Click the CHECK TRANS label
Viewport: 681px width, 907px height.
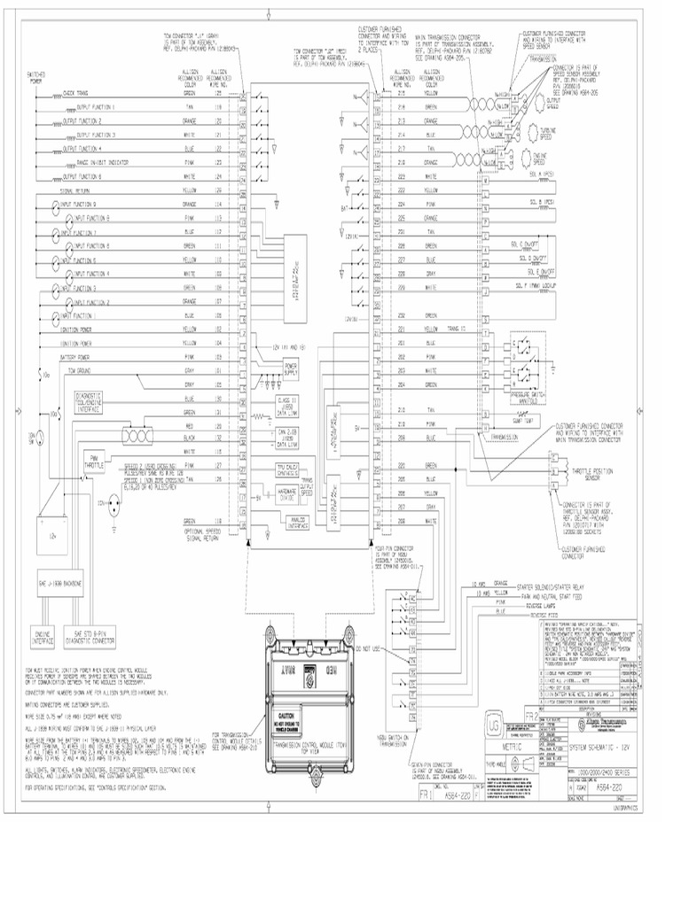74,92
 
